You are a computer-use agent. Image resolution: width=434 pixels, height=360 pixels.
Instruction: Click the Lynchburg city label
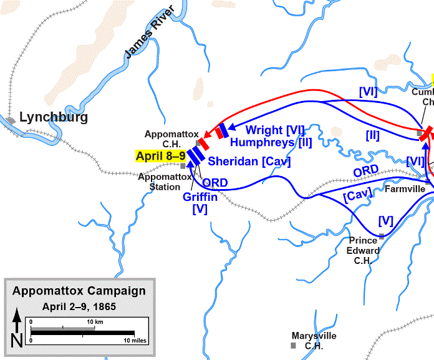tap(54, 117)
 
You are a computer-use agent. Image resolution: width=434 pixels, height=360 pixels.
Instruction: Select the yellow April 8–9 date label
tap(158, 156)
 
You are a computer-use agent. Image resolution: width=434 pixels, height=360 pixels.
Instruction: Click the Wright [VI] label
tap(275, 130)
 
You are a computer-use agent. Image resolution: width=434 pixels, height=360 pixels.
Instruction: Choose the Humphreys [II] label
tap(271, 142)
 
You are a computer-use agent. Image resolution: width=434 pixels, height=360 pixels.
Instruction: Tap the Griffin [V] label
tap(200, 202)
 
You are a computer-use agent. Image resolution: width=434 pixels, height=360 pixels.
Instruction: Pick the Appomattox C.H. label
tap(171, 139)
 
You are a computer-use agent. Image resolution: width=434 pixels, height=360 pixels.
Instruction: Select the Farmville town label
tap(405, 188)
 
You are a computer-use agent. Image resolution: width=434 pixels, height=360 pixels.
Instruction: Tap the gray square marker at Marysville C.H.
tap(293, 346)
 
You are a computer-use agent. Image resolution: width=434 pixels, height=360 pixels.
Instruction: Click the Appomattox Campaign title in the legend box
tap(79, 291)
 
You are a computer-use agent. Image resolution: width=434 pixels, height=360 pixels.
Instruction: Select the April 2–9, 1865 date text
tap(79, 306)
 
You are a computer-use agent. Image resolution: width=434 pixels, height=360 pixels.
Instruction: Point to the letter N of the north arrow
tap(17, 341)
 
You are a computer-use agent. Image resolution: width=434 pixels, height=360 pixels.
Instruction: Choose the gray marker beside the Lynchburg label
tap(11, 120)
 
